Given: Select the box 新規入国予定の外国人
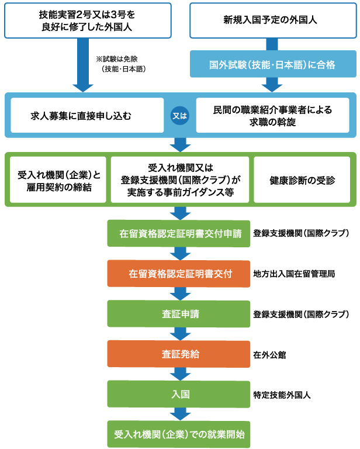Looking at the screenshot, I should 270,20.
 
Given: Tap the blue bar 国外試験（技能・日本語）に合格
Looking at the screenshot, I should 272,64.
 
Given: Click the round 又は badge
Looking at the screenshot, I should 180,115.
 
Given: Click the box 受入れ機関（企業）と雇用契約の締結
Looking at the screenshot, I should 58,179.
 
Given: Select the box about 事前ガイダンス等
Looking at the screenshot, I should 180,179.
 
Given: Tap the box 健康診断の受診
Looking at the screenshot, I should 302,179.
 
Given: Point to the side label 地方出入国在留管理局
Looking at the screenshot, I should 294,274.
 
